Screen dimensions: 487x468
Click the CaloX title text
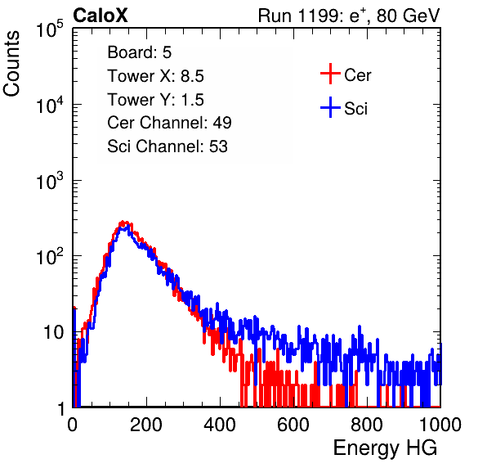(101, 16)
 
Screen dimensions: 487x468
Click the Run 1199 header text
(349, 16)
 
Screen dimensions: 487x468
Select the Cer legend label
(357, 75)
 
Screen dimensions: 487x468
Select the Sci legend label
(355, 109)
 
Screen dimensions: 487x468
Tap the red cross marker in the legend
(330, 74)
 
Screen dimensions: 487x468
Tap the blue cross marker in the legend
(330, 108)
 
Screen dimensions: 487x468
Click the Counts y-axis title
(11, 64)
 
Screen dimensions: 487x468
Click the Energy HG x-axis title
(385, 448)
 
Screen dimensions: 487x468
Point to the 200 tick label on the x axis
(146, 425)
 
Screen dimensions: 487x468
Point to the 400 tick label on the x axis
(220, 425)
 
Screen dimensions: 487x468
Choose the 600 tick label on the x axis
(293, 425)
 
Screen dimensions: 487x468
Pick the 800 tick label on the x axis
(367, 425)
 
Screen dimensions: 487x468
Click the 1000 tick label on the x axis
(440, 425)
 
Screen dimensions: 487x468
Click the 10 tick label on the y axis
(53, 332)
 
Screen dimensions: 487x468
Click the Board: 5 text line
(140, 52)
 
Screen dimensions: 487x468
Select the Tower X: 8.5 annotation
(155, 76)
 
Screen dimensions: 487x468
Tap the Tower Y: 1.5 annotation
(155, 100)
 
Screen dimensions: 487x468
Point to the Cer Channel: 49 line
(170, 123)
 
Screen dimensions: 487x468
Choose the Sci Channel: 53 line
(168, 146)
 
